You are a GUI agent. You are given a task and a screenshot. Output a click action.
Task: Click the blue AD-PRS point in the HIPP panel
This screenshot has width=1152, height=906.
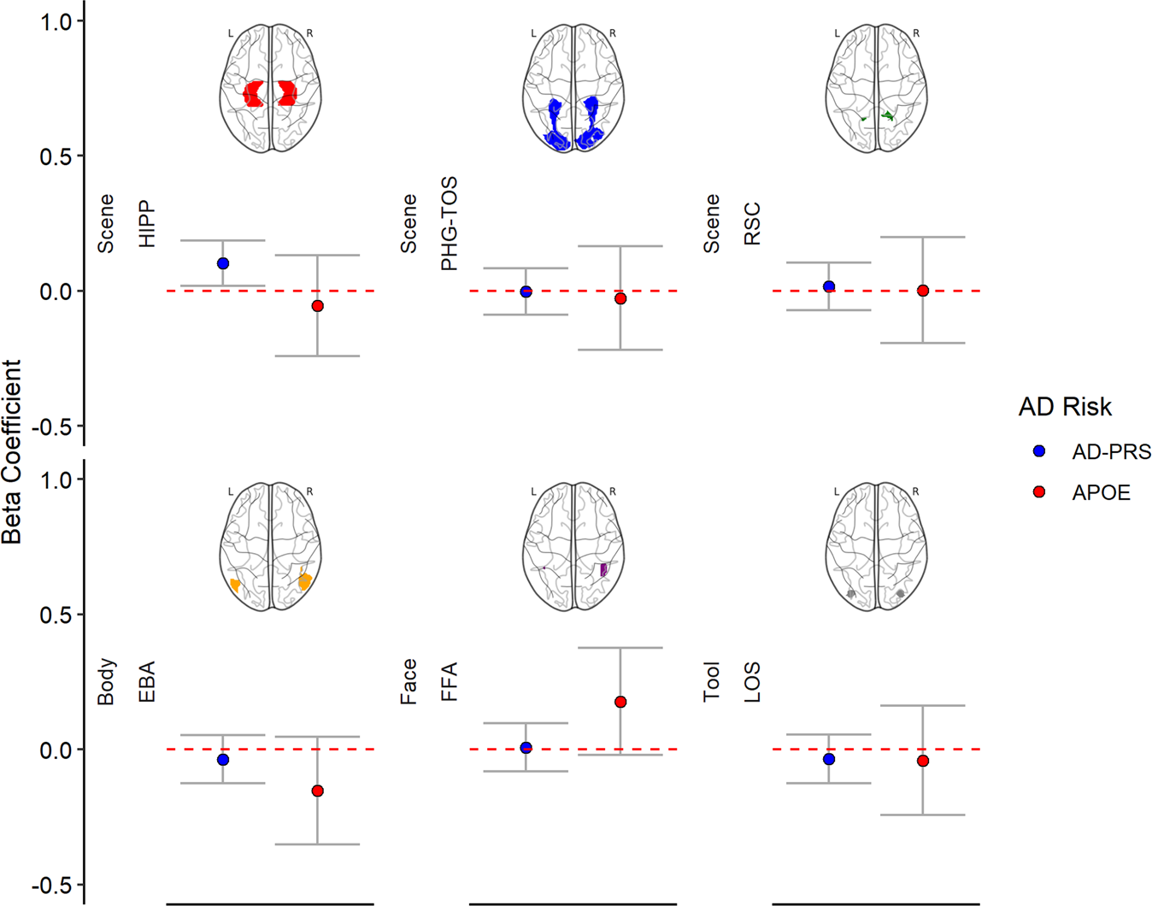tap(223, 263)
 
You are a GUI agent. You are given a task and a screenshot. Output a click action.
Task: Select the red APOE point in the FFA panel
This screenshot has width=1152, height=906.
tap(620, 702)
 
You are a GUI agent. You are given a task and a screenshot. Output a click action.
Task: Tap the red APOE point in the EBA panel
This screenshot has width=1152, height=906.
tap(317, 791)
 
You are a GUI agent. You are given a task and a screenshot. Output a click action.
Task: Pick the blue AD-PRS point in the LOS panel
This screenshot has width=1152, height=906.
tap(828, 759)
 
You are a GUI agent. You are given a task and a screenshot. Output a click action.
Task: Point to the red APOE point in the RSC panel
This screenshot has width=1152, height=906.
tap(923, 291)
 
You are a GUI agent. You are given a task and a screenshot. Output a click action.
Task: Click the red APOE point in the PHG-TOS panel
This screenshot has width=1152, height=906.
tap(620, 298)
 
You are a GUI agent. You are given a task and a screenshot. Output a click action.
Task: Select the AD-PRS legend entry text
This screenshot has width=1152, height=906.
tap(1111, 452)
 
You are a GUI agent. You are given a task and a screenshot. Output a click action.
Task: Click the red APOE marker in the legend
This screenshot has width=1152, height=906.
tap(1039, 492)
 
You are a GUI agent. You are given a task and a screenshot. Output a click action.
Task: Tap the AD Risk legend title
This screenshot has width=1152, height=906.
tap(1065, 407)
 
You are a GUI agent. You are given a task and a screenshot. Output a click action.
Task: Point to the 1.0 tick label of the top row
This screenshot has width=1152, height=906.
tap(57, 21)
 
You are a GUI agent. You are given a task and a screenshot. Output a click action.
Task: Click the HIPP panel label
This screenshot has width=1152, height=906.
tap(148, 225)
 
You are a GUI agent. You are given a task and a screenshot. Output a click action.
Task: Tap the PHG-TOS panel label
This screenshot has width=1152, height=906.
tap(450, 224)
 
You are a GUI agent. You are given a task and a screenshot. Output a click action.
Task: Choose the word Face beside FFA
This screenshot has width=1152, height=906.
tap(408, 681)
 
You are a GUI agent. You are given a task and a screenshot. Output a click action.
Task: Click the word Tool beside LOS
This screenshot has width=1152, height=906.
tap(712, 681)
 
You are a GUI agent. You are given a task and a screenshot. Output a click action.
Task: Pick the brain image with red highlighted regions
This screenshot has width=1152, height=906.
tap(271, 89)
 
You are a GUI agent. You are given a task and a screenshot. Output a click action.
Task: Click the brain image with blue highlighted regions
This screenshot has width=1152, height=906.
tap(573, 89)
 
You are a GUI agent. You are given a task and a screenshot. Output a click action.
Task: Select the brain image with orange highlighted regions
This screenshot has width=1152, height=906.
tap(271, 547)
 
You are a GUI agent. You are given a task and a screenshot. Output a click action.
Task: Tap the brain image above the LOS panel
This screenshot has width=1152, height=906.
tap(877, 547)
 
